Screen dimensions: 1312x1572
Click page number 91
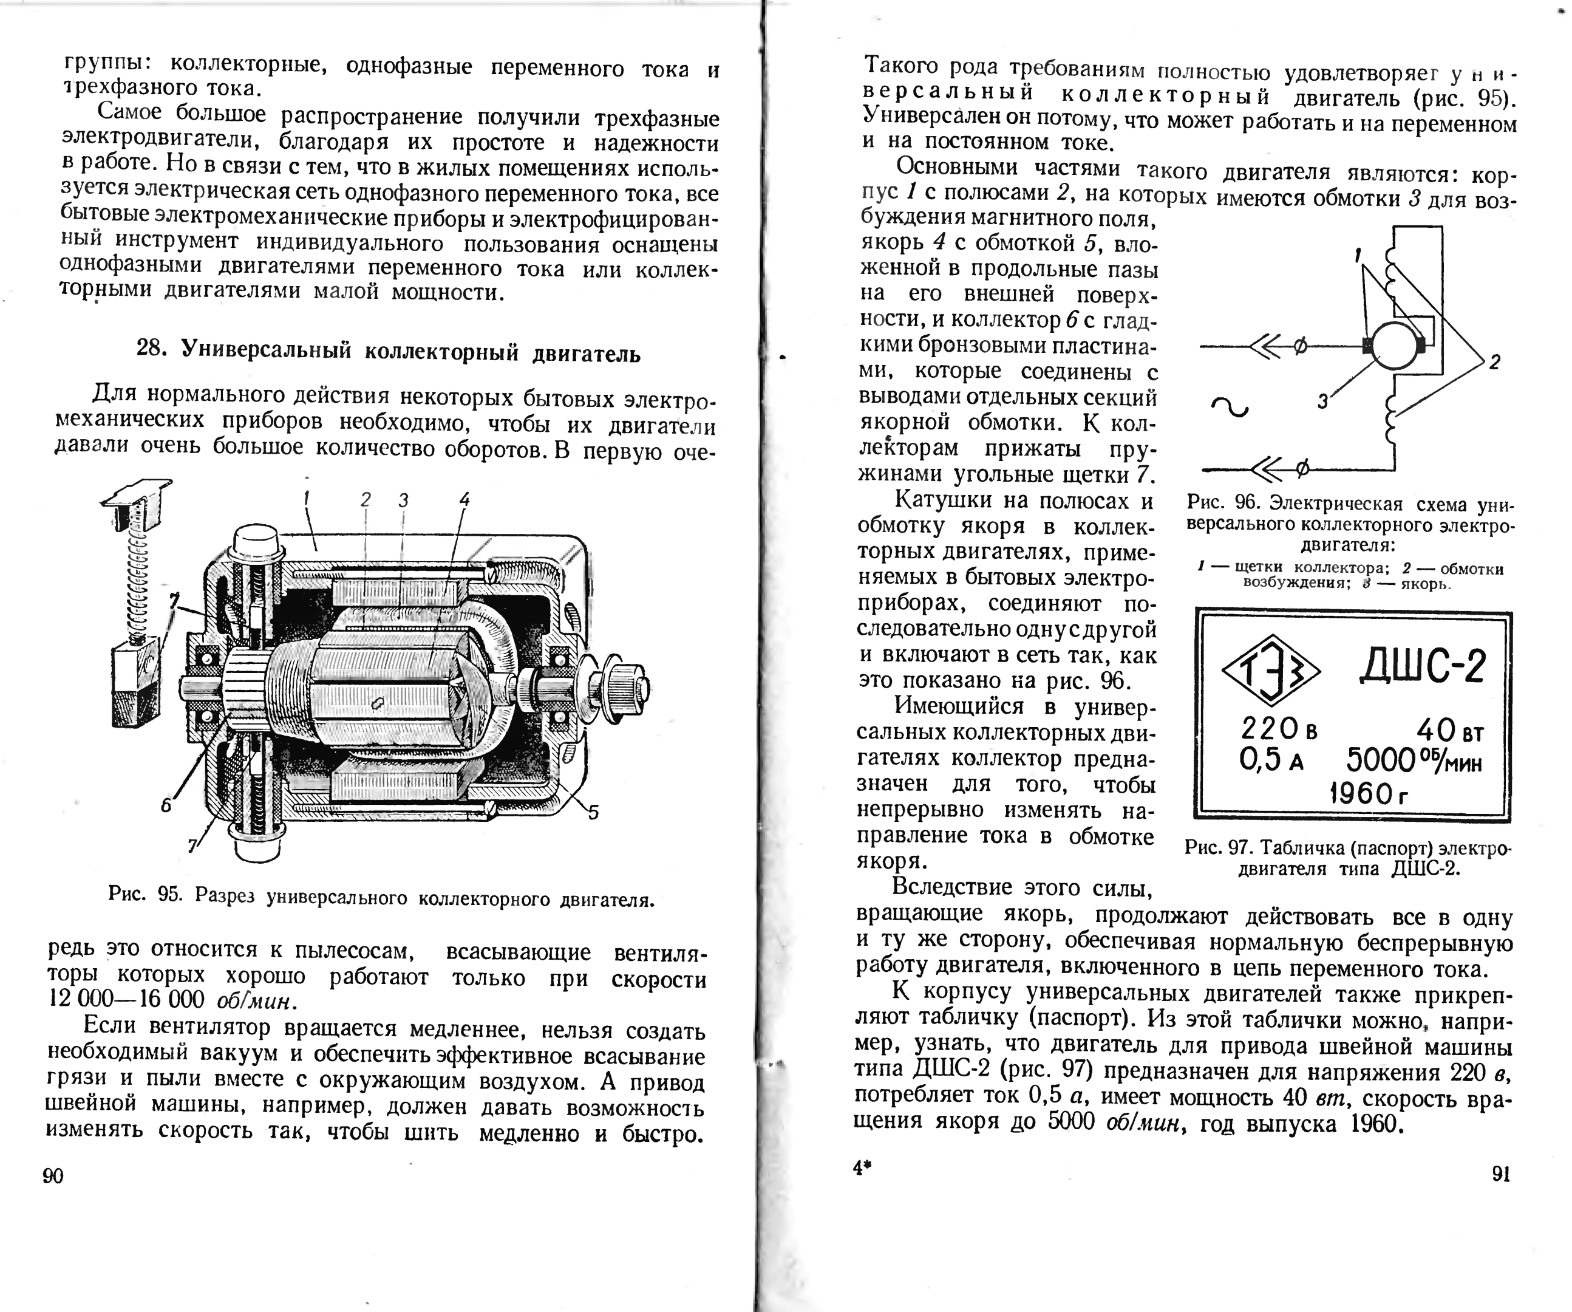point(1501,1174)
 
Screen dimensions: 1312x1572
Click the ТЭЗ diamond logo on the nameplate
point(1271,669)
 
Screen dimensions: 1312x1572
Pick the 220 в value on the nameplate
point(1279,729)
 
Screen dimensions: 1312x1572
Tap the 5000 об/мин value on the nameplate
point(1414,761)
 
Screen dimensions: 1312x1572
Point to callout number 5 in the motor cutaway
point(593,811)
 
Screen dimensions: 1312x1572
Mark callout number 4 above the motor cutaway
point(464,499)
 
